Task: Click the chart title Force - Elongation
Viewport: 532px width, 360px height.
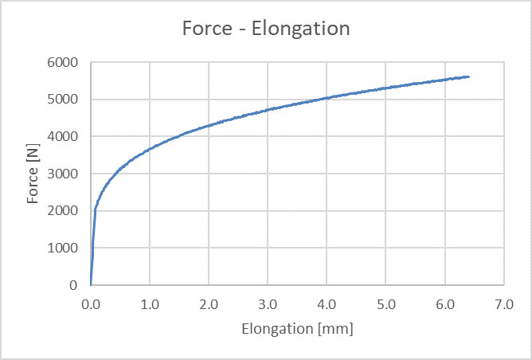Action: click(266, 29)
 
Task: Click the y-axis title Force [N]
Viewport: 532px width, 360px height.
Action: click(33, 174)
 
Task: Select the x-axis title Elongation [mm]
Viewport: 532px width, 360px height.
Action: click(296, 328)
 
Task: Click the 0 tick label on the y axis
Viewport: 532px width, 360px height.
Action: click(72, 285)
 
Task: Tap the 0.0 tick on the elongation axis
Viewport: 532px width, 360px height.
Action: click(91, 303)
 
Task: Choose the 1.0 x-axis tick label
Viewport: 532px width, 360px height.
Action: click(150, 303)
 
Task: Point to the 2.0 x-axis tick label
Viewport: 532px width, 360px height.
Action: click(209, 303)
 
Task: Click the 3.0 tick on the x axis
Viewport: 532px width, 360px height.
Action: click(268, 303)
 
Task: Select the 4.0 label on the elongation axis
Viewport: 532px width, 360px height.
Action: click(327, 303)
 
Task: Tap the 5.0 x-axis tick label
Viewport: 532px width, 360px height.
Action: click(385, 303)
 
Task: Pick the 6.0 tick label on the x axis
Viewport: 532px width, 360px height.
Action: click(444, 303)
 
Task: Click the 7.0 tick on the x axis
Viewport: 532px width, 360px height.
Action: click(503, 303)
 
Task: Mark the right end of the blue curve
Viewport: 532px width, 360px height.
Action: click(468, 76)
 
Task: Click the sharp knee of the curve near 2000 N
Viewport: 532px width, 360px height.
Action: click(96, 209)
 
